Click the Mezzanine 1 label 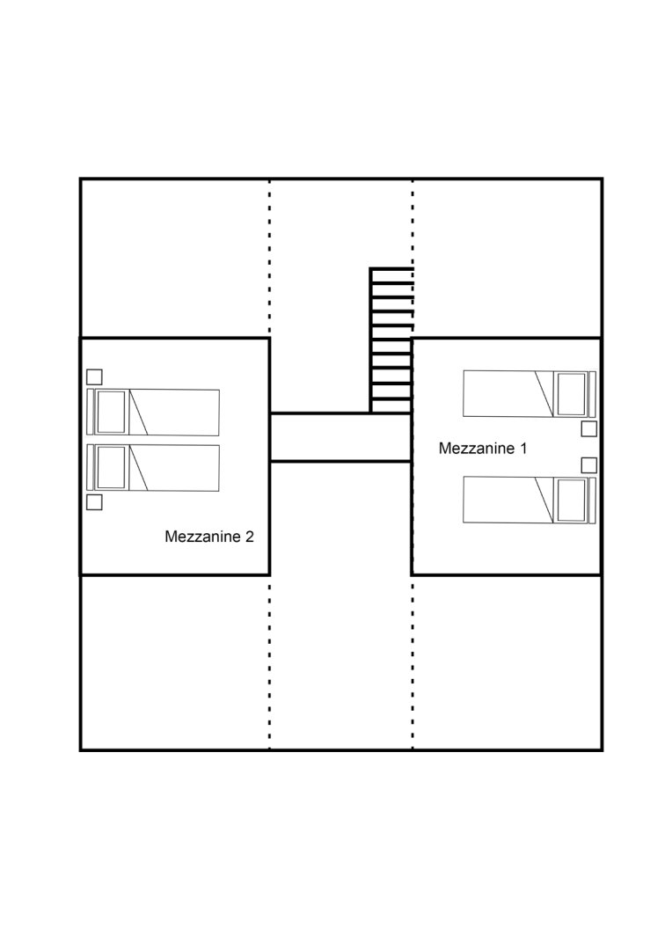click(x=482, y=449)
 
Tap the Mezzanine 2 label click(x=209, y=537)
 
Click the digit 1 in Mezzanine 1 click(x=523, y=449)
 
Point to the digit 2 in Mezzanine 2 click(x=249, y=537)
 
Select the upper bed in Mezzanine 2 click(x=153, y=412)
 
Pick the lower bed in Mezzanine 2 click(x=153, y=468)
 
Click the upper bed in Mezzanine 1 click(x=529, y=394)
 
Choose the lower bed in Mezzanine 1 click(x=529, y=500)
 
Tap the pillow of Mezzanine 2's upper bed click(x=111, y=412)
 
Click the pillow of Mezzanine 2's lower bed click(x=111, y=468)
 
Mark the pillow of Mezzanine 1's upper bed click(x=572, y=394)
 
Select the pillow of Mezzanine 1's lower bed click(x=572, y=500)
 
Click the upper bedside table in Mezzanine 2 click(x=94, y=376)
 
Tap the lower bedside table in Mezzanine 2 click(x=94, y=502)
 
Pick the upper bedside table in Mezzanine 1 click(x=589, y=429)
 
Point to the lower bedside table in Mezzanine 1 click(x=589, y=465)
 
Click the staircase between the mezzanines click(x=391, y=340)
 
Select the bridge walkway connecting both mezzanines click(x=340, y=437)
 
